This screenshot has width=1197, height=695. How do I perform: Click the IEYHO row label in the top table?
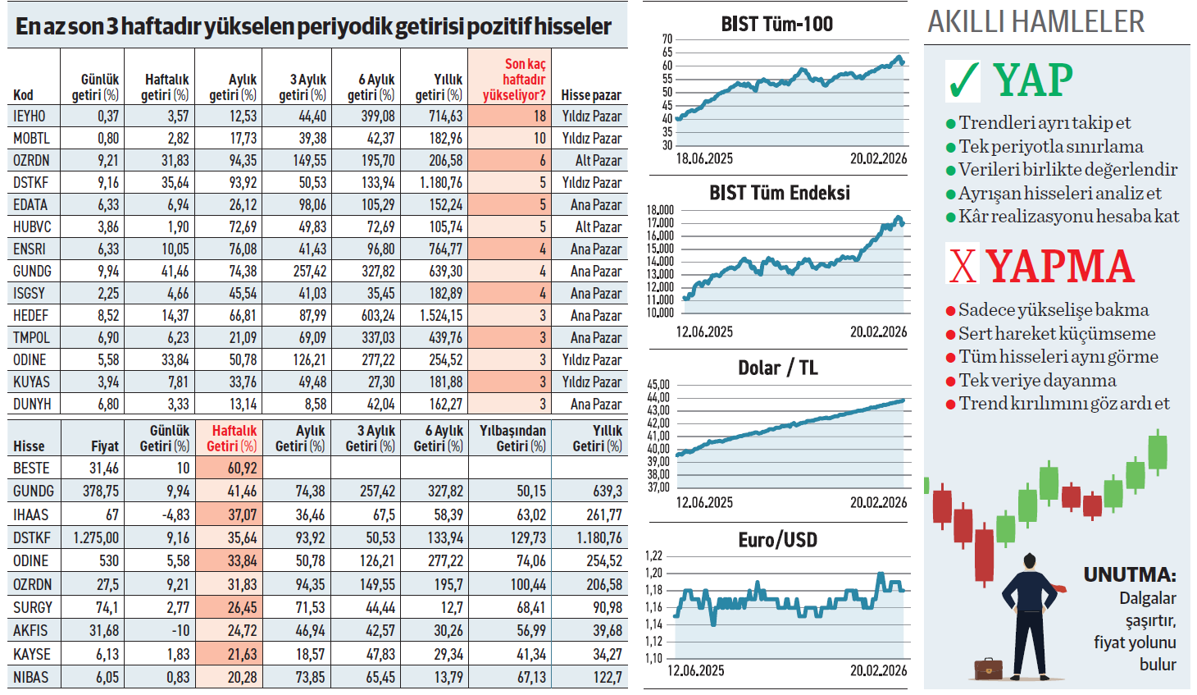coord(30,117)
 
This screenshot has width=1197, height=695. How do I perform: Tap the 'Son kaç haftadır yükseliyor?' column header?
coord(514,80)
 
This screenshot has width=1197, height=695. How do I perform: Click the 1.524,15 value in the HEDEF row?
coord(441,316)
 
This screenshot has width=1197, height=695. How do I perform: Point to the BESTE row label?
coord(31,469)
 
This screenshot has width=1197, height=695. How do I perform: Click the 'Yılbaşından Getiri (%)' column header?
coord(512,438)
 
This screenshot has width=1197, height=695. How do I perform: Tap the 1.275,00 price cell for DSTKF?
coord(96,538)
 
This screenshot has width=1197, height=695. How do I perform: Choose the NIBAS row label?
coord(30,678)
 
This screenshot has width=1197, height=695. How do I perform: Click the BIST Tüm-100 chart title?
coord(776,25)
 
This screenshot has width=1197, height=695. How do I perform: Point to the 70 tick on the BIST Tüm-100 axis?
coord(667,39)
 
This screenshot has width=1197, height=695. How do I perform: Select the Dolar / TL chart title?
coord(777,368)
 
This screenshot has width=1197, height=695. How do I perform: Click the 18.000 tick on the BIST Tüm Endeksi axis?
coord(660,210)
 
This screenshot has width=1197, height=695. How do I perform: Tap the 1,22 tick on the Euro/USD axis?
coord(653,556)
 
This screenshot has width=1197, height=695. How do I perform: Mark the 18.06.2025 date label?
coord(704,159)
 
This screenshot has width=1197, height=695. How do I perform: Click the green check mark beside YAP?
coord(963,80)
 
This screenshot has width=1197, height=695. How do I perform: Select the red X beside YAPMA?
coord(963,265)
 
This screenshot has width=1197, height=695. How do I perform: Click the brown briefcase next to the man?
coord(988,668)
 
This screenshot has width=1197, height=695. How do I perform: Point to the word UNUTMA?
coord(1129,574)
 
